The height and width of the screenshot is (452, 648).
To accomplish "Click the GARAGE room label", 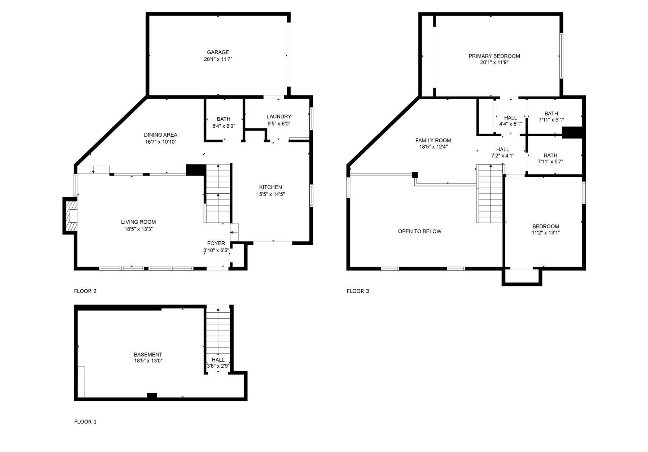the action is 218,52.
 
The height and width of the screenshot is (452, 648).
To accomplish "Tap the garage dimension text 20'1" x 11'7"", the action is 218,59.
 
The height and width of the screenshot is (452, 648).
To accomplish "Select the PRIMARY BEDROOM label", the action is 494,56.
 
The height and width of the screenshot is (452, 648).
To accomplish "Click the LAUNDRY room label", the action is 279,116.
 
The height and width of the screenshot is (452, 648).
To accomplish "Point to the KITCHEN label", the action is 270,187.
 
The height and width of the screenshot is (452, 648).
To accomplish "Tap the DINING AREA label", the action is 161,135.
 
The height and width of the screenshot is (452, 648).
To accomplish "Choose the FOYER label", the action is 216,244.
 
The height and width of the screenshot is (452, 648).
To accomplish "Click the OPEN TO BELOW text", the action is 420,231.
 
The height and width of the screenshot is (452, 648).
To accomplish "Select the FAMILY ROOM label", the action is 433,141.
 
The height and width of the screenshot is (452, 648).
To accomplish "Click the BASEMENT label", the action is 148,354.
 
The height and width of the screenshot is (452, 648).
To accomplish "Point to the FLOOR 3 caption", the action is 358,291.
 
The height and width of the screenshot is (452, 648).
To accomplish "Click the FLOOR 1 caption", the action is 86,422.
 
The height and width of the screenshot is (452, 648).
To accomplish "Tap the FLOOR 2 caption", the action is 86,291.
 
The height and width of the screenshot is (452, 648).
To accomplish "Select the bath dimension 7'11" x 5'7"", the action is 550,162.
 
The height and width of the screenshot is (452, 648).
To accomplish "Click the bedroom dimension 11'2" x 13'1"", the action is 546,233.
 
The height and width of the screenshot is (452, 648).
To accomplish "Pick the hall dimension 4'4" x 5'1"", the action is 511,124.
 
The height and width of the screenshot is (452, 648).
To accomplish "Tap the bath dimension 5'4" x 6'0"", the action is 224,126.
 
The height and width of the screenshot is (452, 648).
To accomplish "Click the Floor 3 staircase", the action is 489,193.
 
